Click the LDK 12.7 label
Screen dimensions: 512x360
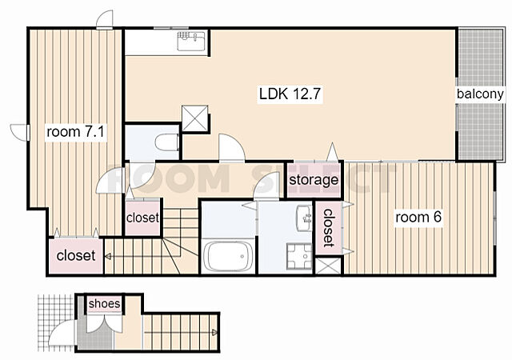pos(290,94)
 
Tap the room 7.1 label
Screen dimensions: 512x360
pos(75,132)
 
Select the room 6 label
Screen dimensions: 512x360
pos(418,217)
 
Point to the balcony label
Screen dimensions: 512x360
pos(480,94)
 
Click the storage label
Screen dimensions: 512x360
pos(314,180)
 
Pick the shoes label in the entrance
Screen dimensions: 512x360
pos(105,303)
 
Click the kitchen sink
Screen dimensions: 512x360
pos(191,41)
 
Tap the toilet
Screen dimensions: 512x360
pos(166,142)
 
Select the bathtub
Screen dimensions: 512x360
pos(228,256)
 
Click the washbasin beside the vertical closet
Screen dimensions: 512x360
pos(304,218)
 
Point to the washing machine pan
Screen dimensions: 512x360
pos(299,256)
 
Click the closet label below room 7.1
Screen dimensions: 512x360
pos(76,255)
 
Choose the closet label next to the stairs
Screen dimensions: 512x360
pos(142,218)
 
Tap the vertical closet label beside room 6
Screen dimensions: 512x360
pos(328,228)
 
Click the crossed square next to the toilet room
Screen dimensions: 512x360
pos(195,118)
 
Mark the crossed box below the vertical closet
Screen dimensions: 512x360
pos(329,266)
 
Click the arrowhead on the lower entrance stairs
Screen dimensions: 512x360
pos(214,333)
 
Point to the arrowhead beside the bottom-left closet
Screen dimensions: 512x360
pos(107,257)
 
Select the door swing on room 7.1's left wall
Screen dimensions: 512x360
pos(20,133)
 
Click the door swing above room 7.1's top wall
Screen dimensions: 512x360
pos(105,20)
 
